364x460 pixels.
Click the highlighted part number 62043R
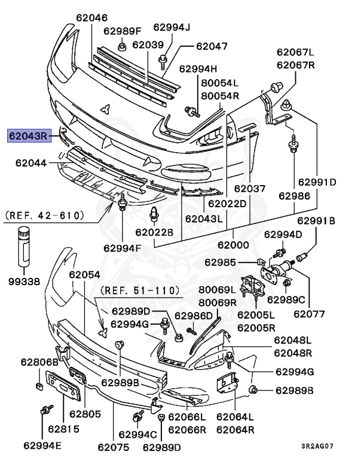(x=29, y=136)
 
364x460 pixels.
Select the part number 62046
(x=92, y=18)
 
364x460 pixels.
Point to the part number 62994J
(x=171, y=27)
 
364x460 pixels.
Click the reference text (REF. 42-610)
(x=44, y=214)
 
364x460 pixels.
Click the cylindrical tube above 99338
(x=23, y=246)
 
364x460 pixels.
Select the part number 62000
(x=233, y=245)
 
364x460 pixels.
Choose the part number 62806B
(x=39, y=362)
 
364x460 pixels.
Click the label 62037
(x=249, y=189)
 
